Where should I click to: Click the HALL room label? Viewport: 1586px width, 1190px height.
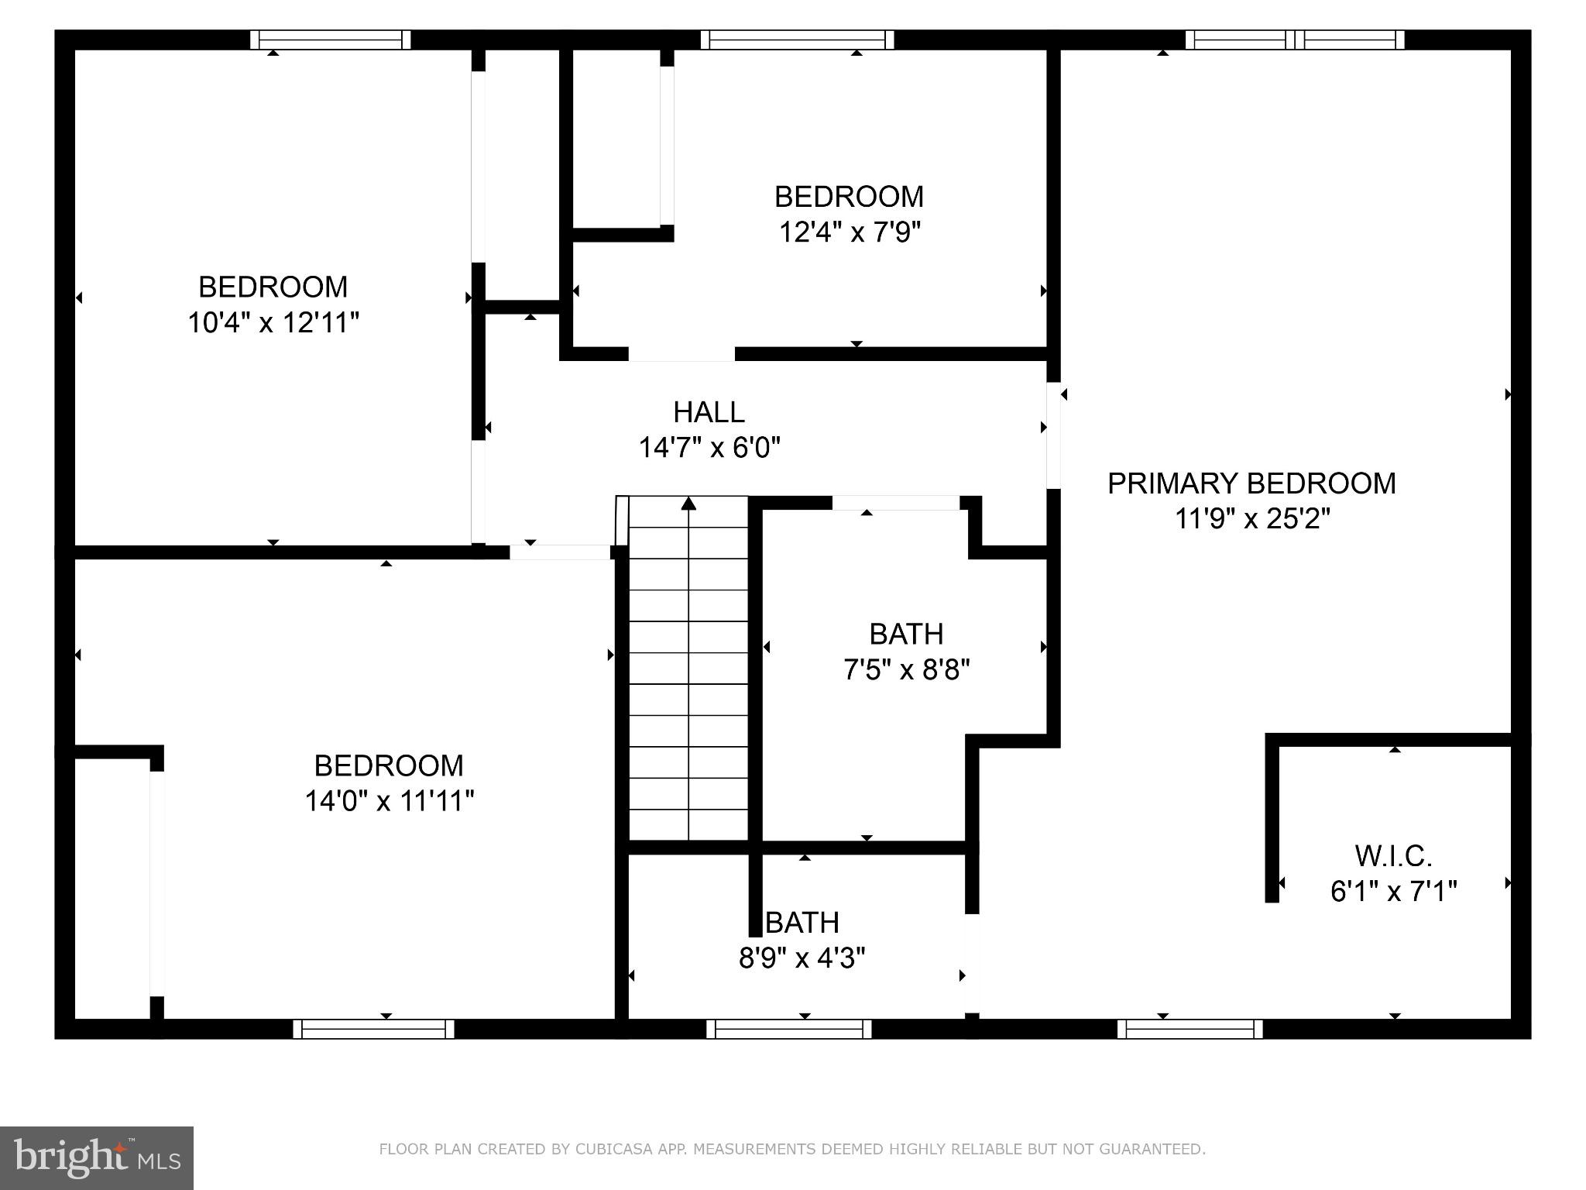click(x=709, y=412)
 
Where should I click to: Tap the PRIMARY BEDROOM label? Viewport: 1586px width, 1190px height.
click(x=1251, y=483)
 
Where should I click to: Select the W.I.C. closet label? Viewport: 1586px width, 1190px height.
click(x=1393, y=856)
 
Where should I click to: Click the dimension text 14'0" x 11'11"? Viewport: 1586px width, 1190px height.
click(x=389, y=801)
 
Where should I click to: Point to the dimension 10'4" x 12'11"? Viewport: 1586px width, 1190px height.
click(x=273, y=322)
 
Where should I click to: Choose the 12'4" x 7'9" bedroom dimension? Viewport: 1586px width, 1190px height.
click(x=850, y=232)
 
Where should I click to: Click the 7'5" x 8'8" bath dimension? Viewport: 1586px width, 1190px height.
click(x=906, y=669)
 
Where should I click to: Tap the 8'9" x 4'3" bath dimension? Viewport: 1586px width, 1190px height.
click(x=802, y=958)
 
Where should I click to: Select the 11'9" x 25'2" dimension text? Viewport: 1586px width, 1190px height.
click(x=1252, y=518)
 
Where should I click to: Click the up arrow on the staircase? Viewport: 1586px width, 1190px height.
click(x=688, y=504)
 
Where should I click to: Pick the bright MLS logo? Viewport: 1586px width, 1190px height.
click(x=97, y=1157)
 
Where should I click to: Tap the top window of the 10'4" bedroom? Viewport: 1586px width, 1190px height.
click(x=331, y=40)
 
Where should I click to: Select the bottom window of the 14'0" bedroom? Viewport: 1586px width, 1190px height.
click(x=373, y=1029)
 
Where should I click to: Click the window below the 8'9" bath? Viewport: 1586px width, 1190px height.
click(x=789, y=1029)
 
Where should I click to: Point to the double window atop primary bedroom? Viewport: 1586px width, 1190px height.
click(x=1295, y=40)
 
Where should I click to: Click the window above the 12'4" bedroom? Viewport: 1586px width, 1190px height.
click(x=797, y=40)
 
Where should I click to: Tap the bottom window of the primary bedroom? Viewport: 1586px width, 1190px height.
click(x=1189, y=1029)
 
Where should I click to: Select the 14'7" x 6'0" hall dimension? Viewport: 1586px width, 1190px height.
click(x=709, y=448)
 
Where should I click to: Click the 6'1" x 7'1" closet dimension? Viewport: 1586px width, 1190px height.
click(x=1393, y=892)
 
